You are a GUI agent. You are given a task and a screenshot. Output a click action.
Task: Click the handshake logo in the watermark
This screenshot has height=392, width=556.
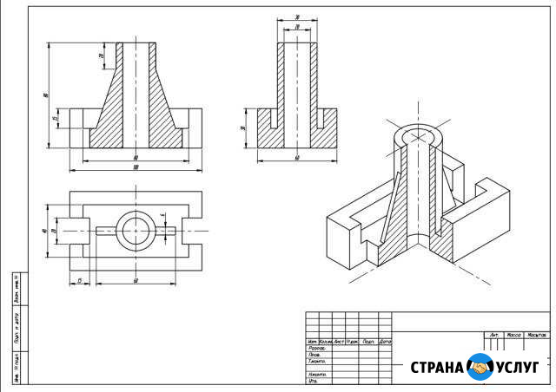[x=480, y=368]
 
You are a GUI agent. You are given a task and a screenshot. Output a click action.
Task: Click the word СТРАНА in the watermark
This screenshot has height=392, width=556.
[x=438, y=368]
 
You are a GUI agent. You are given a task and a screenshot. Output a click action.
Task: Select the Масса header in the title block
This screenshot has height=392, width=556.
[x=513, y=334]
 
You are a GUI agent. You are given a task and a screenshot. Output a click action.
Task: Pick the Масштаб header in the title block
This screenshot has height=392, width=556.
[x=537, y=334]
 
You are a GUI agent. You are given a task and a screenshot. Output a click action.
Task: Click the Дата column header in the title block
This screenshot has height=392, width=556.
[x=385, y=342]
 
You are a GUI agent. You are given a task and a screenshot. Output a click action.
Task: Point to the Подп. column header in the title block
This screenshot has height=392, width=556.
[x=368, y=342]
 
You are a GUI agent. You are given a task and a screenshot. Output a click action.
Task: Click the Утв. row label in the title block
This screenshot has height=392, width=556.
[x=314, y=381]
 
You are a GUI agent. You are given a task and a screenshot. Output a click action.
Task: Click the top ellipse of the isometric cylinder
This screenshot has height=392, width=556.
[x=420, y=136]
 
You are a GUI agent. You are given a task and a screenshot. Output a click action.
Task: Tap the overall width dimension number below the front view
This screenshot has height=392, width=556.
[x=136, y=167]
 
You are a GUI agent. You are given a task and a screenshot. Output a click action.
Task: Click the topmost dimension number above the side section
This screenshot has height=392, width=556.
[x=296, y=16]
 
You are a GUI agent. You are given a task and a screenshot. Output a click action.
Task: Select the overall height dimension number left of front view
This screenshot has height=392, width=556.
[x=44, y=95]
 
